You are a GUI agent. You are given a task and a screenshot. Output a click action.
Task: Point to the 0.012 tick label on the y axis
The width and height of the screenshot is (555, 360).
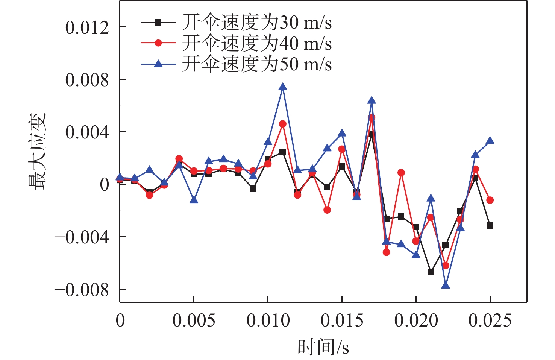(87, 27)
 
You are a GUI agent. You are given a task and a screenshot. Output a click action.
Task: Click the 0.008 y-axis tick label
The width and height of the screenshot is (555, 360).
(87, 80)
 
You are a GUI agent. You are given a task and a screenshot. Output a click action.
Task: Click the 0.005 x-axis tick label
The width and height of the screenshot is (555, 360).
(194, 321)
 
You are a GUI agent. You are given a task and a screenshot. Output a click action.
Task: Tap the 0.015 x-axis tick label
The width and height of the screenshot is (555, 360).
(342, 321)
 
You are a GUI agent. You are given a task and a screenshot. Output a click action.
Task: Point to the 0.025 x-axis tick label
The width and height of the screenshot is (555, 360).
(490, 321)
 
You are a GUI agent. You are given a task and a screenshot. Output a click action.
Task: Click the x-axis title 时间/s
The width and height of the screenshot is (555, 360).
(323, 347)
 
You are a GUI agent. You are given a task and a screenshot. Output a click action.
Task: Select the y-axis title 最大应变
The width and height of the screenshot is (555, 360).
(37, 151)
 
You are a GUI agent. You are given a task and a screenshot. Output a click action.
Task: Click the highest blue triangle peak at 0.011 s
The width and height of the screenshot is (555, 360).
(283, 87)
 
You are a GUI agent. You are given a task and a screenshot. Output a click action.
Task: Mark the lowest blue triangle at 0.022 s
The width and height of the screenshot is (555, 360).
(446, 285)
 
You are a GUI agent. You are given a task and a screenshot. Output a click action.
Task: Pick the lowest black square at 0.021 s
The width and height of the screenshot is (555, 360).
(431, 272)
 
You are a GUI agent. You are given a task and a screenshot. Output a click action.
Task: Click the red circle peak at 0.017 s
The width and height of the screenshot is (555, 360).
(372, 118)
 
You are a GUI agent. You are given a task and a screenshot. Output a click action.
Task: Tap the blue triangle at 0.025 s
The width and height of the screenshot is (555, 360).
(490, 141)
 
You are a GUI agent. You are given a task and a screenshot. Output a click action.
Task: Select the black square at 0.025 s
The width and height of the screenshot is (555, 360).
(490, 226)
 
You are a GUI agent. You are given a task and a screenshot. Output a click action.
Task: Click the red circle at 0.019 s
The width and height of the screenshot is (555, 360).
(401, 173)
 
